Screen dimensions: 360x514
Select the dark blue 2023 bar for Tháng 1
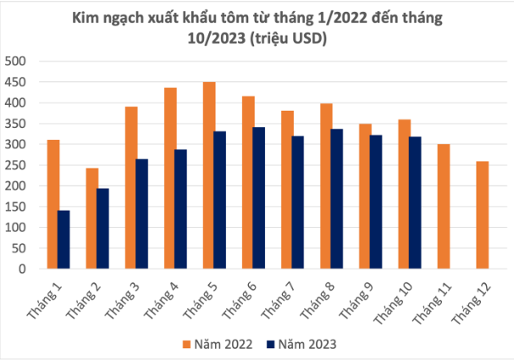(x=64, y=240)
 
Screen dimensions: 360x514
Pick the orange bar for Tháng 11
(x=444, y=207)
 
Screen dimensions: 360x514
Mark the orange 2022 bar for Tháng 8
(x=326, y=186)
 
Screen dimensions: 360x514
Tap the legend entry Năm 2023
(x=301, y=344)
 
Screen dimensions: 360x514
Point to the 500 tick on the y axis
(x=16, y=61)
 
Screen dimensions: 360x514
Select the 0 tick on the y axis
(x=24, y=269)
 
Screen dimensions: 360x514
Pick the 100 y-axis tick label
(x=16, y=228)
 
